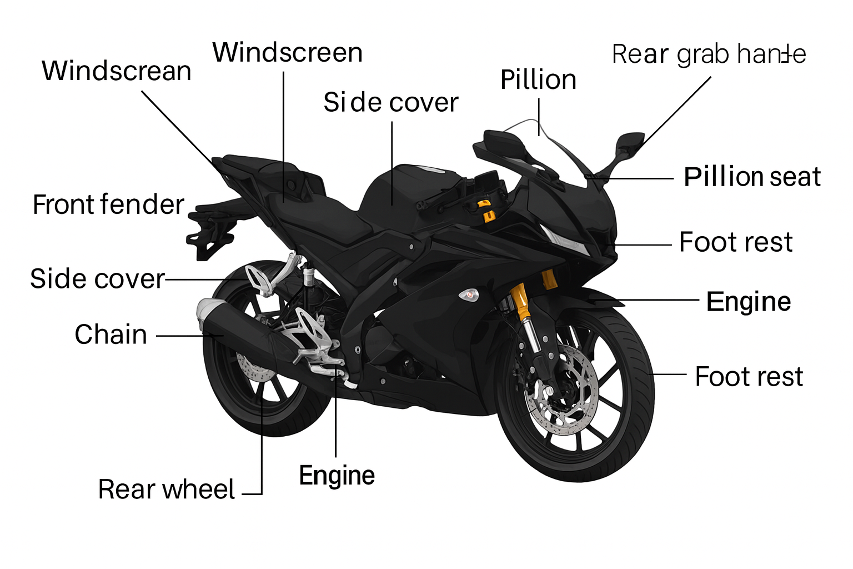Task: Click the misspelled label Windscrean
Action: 116,71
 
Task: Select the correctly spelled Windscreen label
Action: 287,53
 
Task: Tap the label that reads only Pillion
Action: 538,80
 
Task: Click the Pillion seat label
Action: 752,177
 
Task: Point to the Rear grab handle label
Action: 709,54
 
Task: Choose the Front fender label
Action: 108,204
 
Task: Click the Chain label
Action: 111,335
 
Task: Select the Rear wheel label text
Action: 166,490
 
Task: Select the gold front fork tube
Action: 520,300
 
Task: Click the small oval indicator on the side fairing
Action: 469,295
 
